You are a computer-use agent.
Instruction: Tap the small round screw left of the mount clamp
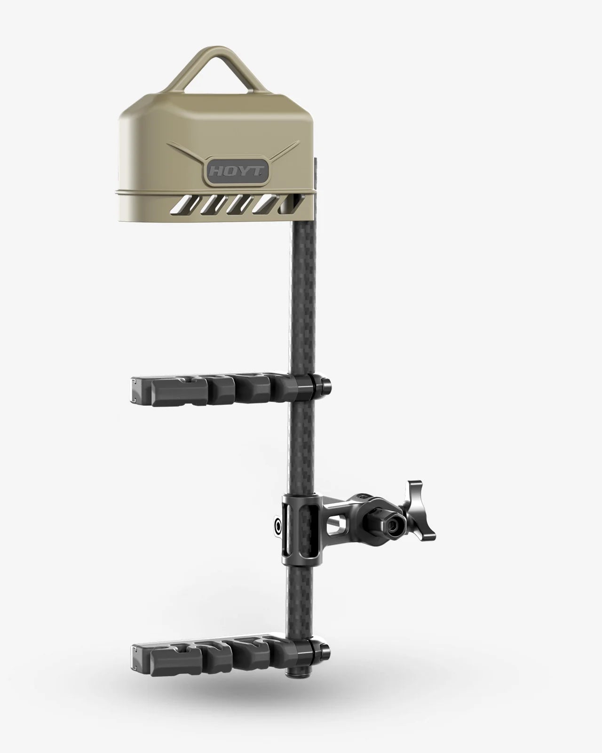click(x=278, y=522)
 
